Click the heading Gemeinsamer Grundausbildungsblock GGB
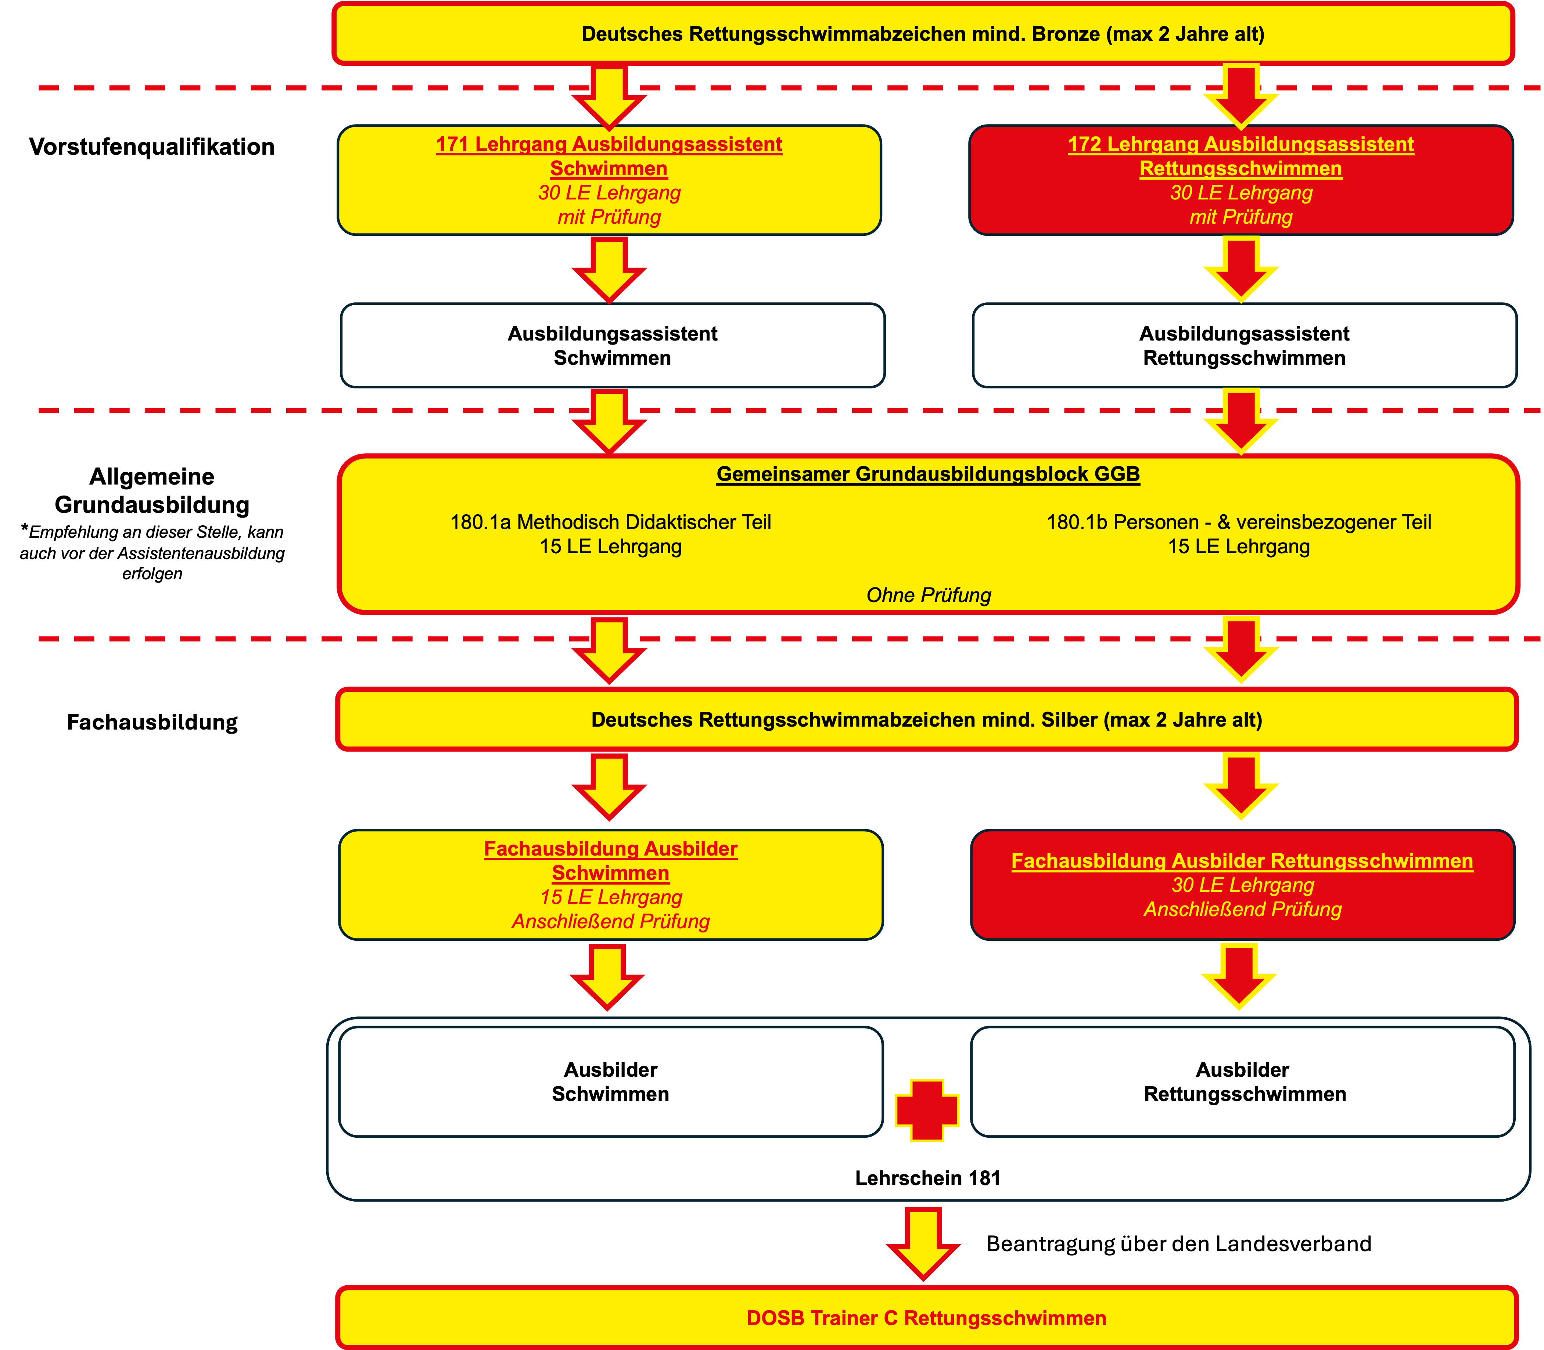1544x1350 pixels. tap(927, 474)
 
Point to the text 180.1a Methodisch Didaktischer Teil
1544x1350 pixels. tap(610, 522)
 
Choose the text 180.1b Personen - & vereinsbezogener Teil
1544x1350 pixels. tap(1238, 522)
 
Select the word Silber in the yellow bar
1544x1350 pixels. tap(1070, 719)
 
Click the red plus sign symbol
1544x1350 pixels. tap(927, 1110)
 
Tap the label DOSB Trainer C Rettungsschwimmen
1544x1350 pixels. tap(926, 1318)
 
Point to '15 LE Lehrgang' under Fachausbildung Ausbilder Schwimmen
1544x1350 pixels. tap(610, 897)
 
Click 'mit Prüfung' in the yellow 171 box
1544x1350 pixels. tap(609, 217)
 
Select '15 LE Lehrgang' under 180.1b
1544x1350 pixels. tap(1238, 546)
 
